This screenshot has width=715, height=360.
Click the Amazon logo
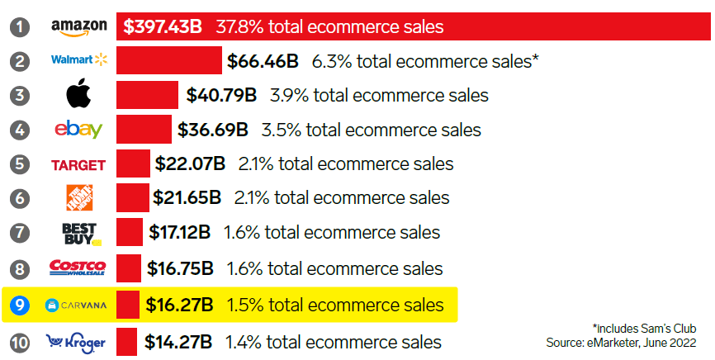click(x=79, y=27)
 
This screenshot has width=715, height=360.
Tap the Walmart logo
click(x=79, y=60)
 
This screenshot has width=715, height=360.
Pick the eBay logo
click(x=79, y=130)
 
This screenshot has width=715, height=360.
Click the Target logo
click(x=78, y=164)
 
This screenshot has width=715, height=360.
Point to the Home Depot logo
click(x=79, y=198)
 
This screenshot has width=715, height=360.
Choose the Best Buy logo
click(x=80, y=234)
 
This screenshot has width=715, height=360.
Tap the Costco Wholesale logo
click(x=78, y=268)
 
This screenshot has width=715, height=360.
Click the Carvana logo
click(x=77, y=306)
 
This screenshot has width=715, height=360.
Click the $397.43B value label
click(x=163, y=26)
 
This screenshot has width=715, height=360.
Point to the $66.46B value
click(x=263, y=61)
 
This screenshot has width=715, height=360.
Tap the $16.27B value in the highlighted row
click(x=179, y=306)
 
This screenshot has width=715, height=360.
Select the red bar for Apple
click(x=147, y=95)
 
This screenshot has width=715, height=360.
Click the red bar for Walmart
click(x=169, y=61)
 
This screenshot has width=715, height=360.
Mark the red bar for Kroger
click(x=126, y=341)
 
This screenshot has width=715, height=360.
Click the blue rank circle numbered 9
click(x=21, y=306)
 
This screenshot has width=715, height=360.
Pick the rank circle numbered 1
click(x=21, y=27)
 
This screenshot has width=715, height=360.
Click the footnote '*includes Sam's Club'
click(x=645, y=327)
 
